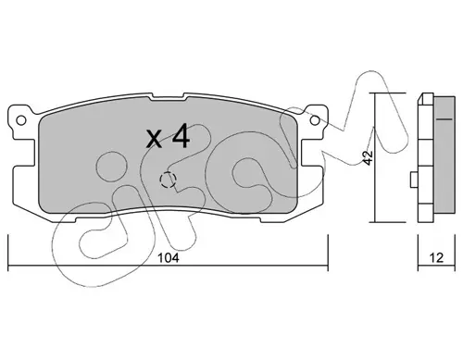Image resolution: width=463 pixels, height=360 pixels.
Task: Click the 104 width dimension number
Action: pos(169,258)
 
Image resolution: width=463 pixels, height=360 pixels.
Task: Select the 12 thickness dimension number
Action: pos(436,258)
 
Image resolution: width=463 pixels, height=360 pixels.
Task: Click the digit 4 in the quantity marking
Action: pos(181,136)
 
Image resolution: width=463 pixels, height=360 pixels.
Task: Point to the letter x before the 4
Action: pos(154,139)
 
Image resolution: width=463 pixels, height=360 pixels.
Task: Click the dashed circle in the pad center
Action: pos(168,180)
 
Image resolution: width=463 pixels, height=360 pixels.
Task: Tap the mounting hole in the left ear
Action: pos(21,120)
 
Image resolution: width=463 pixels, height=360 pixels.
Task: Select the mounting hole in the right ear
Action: pos(315,120)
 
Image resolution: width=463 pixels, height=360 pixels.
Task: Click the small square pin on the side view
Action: pos(414,180)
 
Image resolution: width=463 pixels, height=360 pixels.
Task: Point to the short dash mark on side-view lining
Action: pos(444,118)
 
